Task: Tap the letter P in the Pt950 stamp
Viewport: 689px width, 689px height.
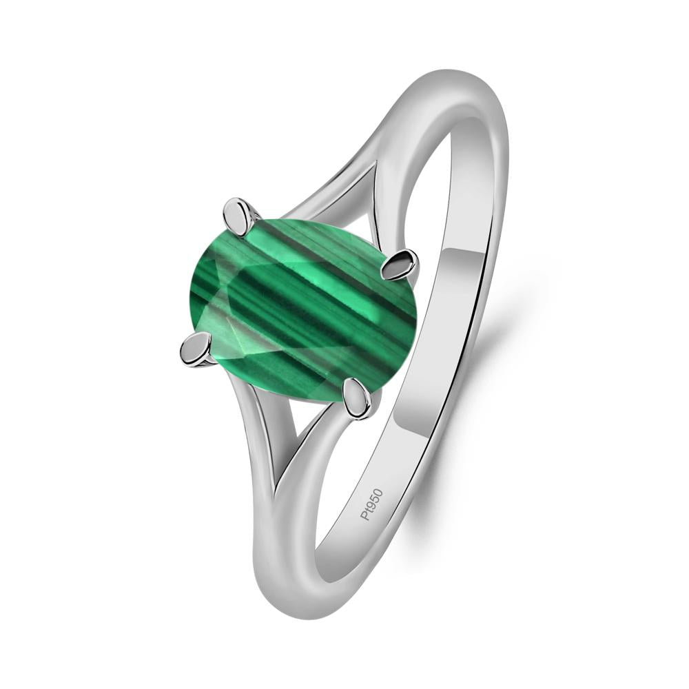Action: [366, 518]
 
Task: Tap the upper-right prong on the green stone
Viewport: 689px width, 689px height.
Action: [402, 265]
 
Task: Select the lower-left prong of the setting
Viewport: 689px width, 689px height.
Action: [194, 349]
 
